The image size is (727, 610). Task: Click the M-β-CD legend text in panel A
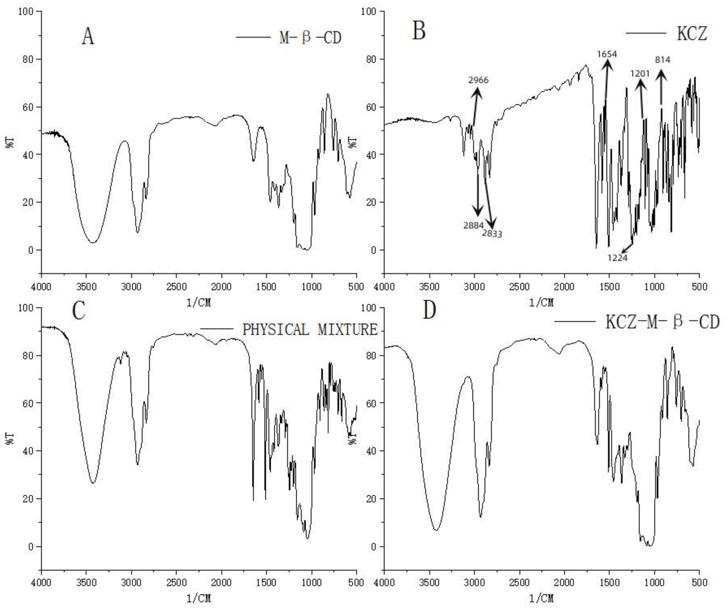310,37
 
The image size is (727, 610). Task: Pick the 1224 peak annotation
617,258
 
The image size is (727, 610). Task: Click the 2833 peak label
492,234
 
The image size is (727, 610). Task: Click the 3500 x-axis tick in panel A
86,287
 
